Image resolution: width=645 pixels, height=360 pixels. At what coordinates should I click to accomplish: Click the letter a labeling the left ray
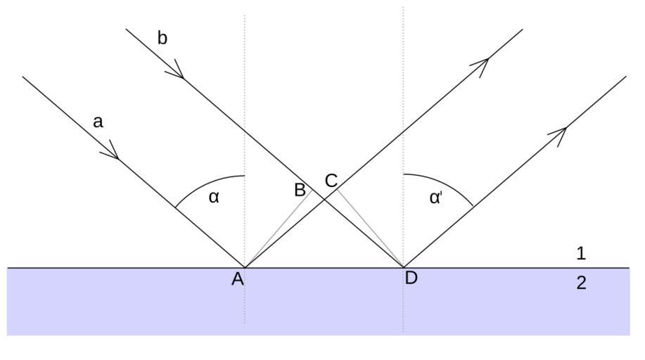98,122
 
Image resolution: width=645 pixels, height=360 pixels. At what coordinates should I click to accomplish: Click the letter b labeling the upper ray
162,38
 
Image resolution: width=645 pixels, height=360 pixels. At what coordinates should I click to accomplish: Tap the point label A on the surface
238,279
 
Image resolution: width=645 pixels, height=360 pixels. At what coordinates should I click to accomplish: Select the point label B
300,190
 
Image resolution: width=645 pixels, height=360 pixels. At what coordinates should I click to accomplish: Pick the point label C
331,181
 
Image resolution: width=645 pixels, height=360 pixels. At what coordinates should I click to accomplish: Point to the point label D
411,278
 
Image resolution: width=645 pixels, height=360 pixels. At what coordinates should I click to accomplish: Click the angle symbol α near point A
215,197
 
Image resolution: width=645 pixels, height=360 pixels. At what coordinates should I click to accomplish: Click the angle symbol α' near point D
435,198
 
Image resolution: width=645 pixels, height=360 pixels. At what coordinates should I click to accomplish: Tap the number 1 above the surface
581,253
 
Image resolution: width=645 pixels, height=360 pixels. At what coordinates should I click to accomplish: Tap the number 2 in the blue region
581,283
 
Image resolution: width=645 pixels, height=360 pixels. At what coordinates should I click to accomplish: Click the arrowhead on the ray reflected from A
482,65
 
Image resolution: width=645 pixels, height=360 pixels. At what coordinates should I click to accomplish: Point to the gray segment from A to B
278,229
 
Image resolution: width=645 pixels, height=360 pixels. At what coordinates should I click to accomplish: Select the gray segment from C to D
371,229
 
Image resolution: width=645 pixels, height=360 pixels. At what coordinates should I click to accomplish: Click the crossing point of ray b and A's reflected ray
324,200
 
